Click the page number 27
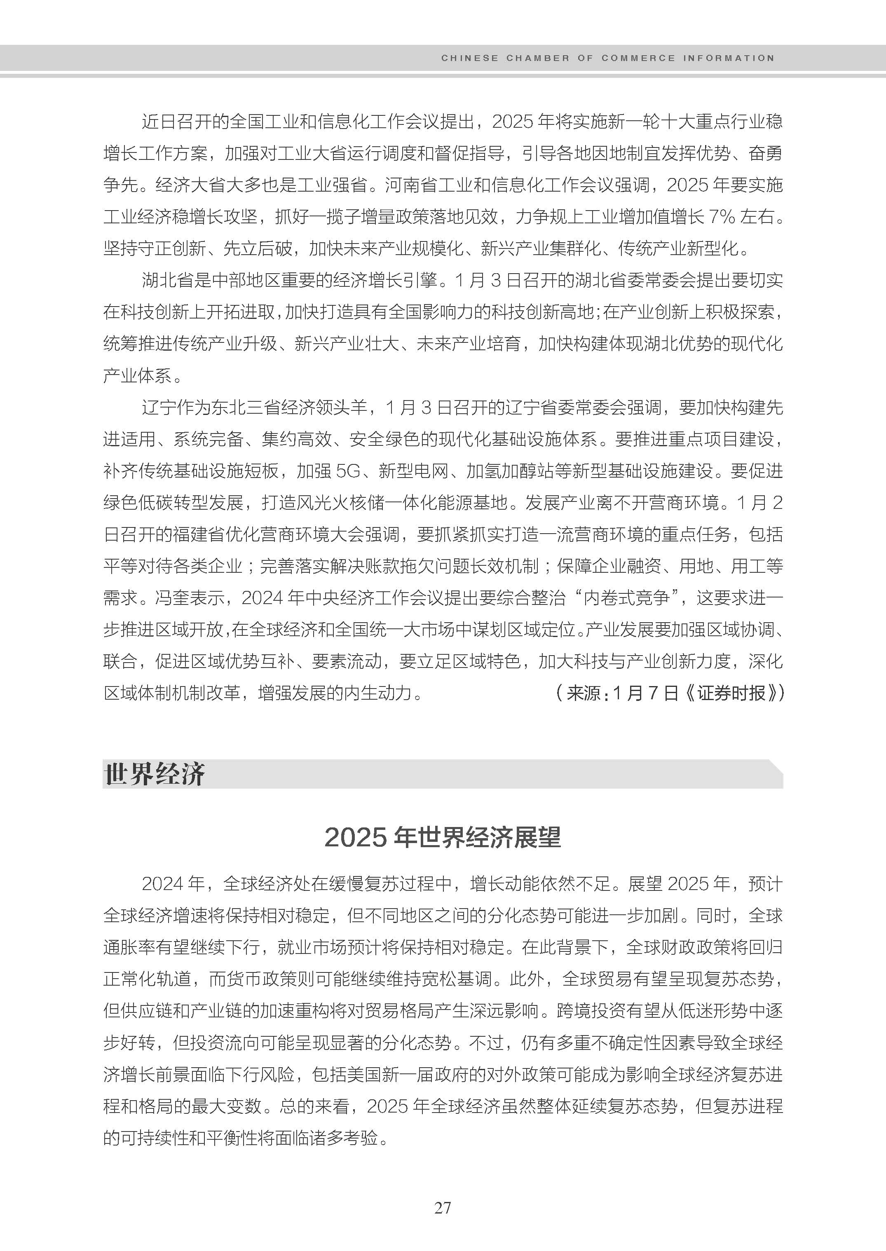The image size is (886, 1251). [x=443, y=1207]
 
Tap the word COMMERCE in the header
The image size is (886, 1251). [x=638, y=58]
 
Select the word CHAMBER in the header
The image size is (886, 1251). [x=537, y=58]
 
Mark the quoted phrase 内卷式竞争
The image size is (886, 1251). [x=626, y=598]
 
